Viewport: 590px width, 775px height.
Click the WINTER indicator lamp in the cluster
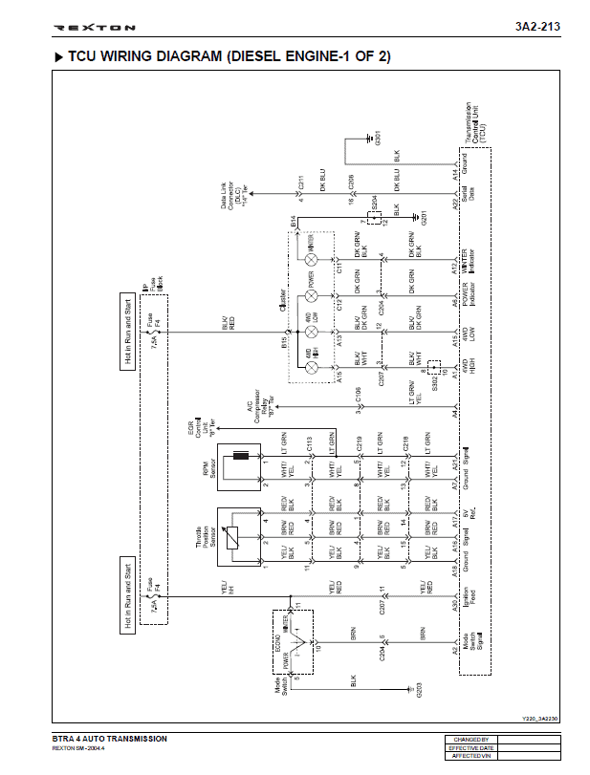tap(311, 259)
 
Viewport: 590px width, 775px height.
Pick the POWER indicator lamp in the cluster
tap(311, 294)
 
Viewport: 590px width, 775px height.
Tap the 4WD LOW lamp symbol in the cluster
tap(311, 331)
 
